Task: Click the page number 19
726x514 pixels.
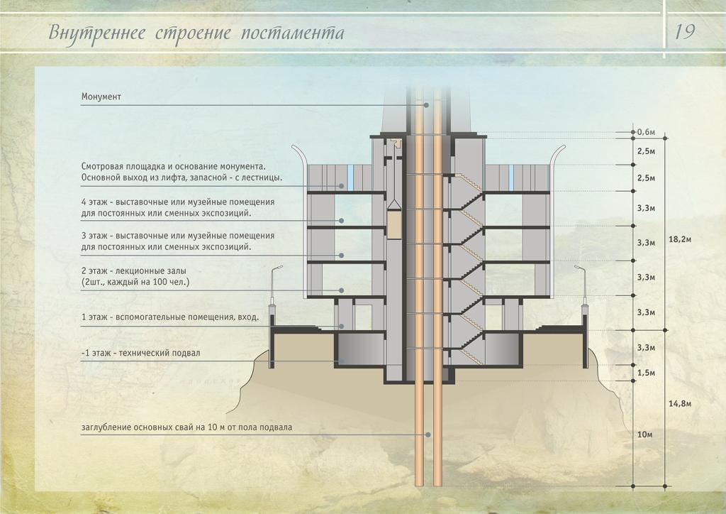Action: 685,32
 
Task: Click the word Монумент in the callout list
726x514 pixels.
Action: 101,97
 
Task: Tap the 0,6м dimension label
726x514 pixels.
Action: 646,132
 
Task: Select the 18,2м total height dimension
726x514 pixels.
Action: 679,239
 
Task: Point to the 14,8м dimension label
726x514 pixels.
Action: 679,403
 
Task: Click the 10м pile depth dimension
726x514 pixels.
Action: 644,434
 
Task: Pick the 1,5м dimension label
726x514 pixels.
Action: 646,373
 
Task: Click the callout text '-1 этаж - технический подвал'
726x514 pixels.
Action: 141,352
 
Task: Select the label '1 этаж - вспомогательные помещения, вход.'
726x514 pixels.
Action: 170,317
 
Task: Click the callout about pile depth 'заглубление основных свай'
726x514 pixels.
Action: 186,427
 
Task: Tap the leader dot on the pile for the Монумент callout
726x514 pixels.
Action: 428,105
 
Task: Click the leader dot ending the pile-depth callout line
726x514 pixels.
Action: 428,434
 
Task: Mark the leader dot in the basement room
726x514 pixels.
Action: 341,361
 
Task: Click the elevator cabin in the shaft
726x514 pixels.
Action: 393,221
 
